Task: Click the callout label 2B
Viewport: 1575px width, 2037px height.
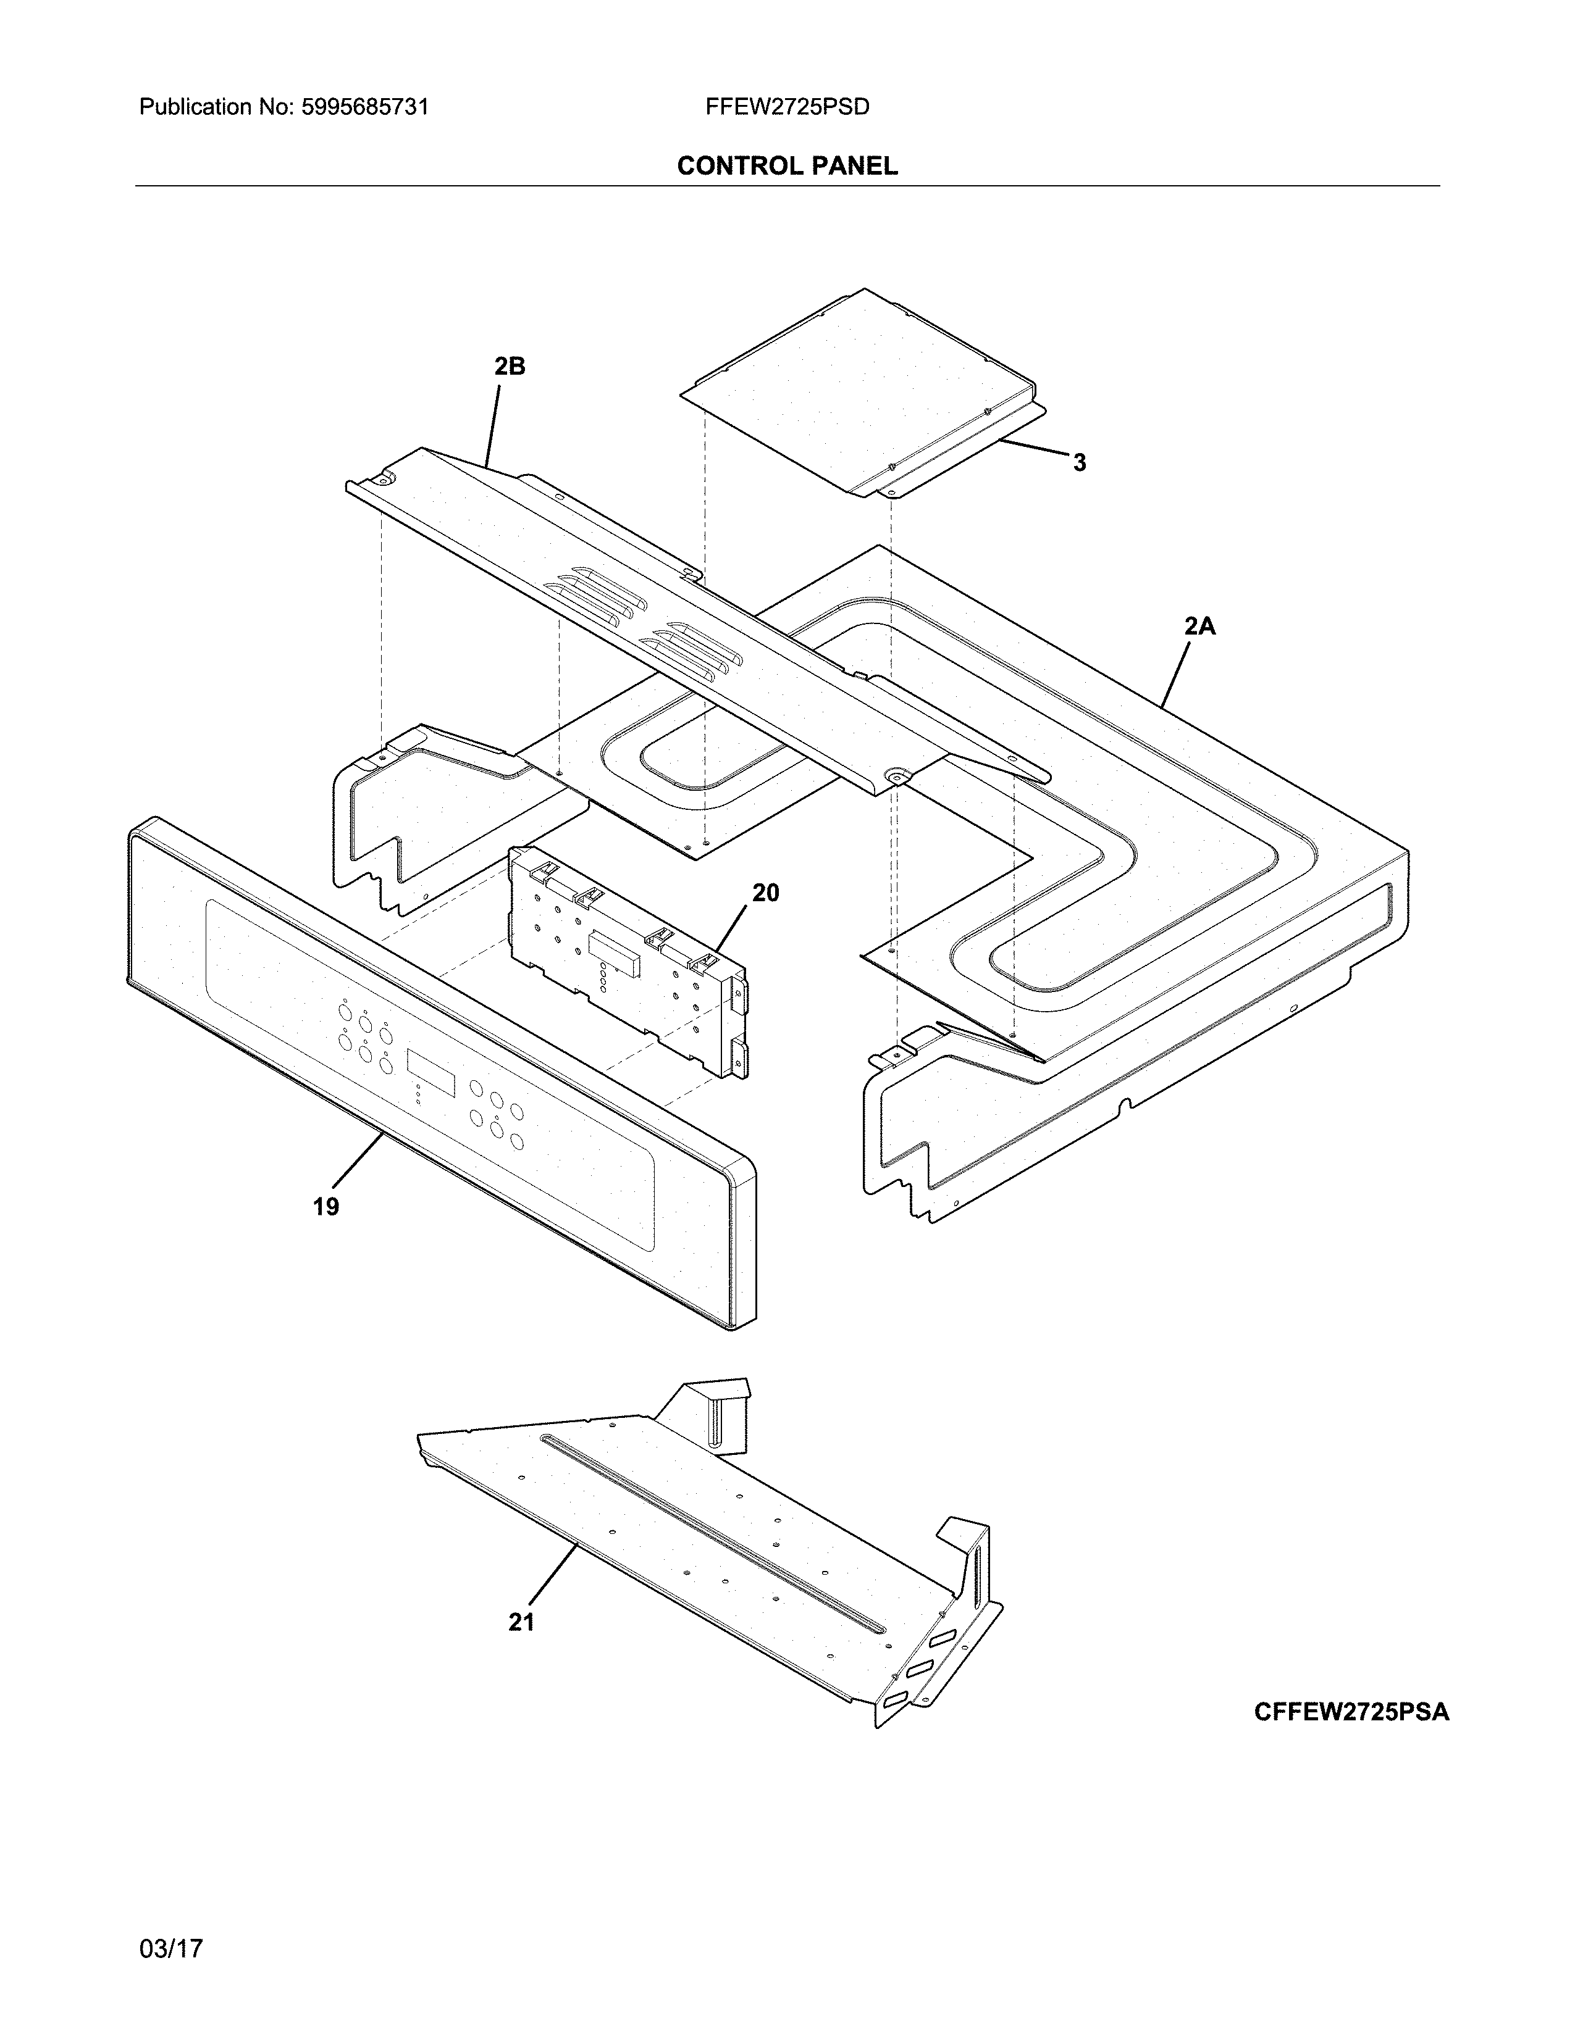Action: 510,367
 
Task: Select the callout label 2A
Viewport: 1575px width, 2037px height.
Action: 1200,627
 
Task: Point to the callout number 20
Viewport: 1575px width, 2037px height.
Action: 765,893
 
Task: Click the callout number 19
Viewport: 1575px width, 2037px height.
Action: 325,1207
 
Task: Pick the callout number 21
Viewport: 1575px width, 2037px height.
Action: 521,1622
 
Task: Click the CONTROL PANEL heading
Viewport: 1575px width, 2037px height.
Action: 786,166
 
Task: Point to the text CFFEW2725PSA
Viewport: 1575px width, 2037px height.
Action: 1351,1712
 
